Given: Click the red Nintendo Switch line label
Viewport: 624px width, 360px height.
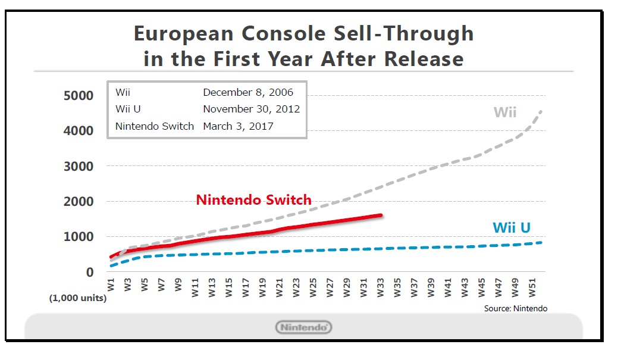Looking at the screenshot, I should pyautogui.click(x=254, y=200).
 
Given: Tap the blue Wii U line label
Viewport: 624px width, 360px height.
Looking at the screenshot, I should pyautogui.click(x=511, y=227).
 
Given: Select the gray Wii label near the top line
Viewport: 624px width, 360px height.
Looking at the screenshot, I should pyautogui.click(x=504, y=112).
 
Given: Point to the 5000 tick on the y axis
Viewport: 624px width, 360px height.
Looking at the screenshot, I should pyautogui.click(x=78, y=96).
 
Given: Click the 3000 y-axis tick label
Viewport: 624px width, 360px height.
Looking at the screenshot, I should pyautogui.click(x=78, y=166).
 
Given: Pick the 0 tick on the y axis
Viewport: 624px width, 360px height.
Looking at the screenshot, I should pyautogui.click(x=90, y=272).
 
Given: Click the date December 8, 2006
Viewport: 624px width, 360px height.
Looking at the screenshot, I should pyautogui.click(x=247, y=92).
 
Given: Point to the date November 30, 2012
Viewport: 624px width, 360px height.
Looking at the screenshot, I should pyautogui.click(x=251, y=109).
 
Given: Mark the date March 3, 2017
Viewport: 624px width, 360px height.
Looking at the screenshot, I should pyautogui.click(x=239, y=126).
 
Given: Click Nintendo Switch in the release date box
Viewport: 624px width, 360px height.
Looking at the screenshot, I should pyautogui.click(x=155, y=126).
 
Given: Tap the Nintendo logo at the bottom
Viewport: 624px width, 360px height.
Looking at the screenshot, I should pyautogui.click(x=303, y=327).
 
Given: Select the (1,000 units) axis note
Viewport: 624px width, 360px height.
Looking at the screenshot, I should pyautogui.click(x=78, y=298).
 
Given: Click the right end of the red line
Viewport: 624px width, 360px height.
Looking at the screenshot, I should pyautogui.click(x=380, y=215).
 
